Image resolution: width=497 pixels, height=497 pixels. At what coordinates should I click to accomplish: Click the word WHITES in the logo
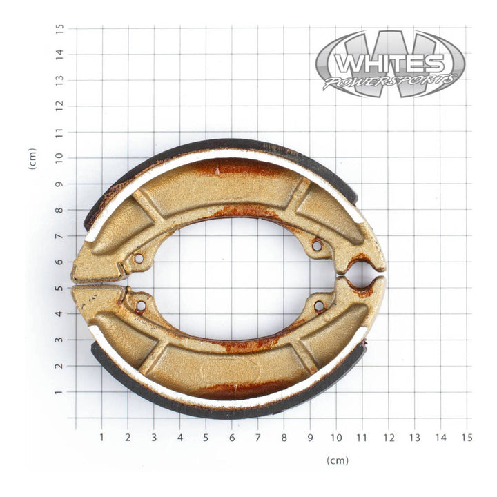point(389,64)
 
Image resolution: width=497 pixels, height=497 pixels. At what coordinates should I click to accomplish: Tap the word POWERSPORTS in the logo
point(390,81)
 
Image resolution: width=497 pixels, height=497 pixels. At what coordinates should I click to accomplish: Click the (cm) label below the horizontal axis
point(338,460)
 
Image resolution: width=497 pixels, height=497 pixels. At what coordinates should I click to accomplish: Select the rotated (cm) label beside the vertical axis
point(32,159)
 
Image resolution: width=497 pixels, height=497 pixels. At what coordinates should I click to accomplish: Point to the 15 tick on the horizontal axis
point(467,438)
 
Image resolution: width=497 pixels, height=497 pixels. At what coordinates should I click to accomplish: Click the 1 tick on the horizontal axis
point(101,438)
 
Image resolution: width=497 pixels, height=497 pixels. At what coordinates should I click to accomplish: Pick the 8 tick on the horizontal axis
point(284,438)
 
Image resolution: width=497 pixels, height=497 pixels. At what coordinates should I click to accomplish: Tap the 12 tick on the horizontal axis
point(388,438)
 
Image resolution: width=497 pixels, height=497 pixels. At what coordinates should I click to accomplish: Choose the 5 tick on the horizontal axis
point(206,438)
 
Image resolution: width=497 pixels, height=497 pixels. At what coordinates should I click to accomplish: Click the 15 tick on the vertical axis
point(60,28)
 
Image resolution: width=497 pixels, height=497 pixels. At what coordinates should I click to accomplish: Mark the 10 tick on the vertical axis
point(60,158)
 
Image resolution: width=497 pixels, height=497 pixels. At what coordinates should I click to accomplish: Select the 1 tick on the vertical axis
point(60,392)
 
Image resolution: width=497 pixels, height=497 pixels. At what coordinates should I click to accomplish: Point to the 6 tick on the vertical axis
point(60,262)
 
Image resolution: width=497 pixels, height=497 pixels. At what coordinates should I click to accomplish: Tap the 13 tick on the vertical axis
point(60,80)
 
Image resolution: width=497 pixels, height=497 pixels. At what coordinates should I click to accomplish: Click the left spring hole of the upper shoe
point(139,259)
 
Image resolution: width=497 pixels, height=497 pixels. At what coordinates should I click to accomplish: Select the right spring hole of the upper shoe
point(317,245)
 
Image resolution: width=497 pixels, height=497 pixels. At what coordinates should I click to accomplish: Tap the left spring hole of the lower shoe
point(141,305)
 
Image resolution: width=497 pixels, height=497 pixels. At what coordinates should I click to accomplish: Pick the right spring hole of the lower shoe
point(319,305)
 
